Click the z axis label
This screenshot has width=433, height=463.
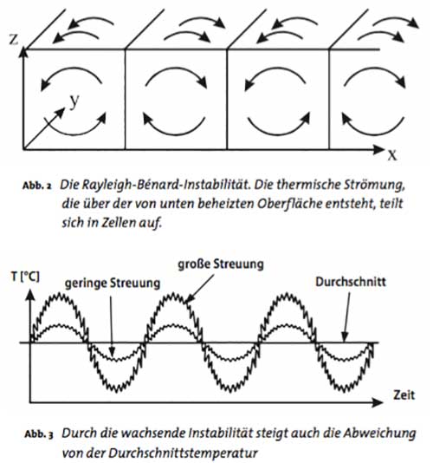14,39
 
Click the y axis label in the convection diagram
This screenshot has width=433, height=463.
74,101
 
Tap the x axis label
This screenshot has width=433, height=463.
392,154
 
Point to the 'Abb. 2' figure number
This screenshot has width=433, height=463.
37,186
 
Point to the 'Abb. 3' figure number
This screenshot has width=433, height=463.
39,434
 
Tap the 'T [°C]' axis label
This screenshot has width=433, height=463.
25,277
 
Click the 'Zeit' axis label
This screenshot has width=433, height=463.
404,395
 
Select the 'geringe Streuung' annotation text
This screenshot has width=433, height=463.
113,283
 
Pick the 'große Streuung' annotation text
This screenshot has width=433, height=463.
221,264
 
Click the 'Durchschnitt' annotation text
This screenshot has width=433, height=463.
351,282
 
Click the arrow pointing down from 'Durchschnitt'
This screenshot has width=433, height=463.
347,316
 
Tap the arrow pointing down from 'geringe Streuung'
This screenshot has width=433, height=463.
112,326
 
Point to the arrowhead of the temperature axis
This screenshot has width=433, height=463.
30,296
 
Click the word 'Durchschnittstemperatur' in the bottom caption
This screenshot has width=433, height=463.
184,453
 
